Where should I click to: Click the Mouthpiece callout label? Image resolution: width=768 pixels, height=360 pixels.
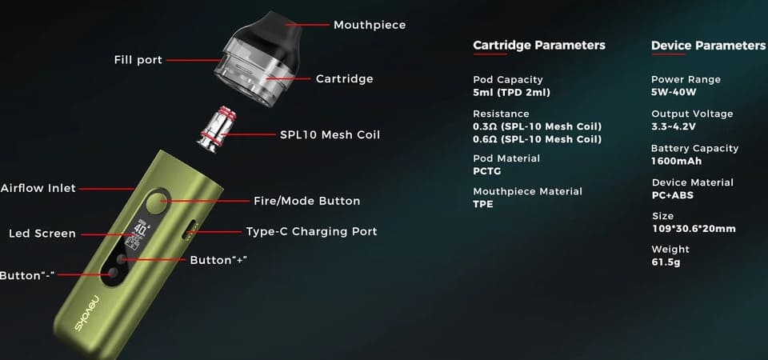coord(370,25)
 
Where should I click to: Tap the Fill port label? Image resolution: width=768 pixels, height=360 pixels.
coord(138,60)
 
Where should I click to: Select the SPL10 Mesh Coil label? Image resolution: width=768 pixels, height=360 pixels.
coord(330,134)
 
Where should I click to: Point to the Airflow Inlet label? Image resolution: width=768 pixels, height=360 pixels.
coord(38,188)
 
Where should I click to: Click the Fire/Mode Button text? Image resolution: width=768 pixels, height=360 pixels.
coord(306,201)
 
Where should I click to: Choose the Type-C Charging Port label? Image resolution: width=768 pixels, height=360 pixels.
coord(311,232)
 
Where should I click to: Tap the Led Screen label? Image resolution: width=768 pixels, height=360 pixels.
coord(42,234)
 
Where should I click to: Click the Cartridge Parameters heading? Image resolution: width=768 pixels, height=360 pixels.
coord(539,46)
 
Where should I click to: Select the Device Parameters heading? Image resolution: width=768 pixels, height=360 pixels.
coord(708,46)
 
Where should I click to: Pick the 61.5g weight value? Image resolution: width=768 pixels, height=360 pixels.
coord(666,262)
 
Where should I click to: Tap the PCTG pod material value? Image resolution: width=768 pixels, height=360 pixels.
coord(487,171)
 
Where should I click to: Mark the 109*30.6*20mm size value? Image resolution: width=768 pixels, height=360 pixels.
coord(694,229)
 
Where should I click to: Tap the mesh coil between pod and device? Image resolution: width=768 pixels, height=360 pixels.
coord(216,128)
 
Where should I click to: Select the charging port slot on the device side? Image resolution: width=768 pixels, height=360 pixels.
coord(189,230)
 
